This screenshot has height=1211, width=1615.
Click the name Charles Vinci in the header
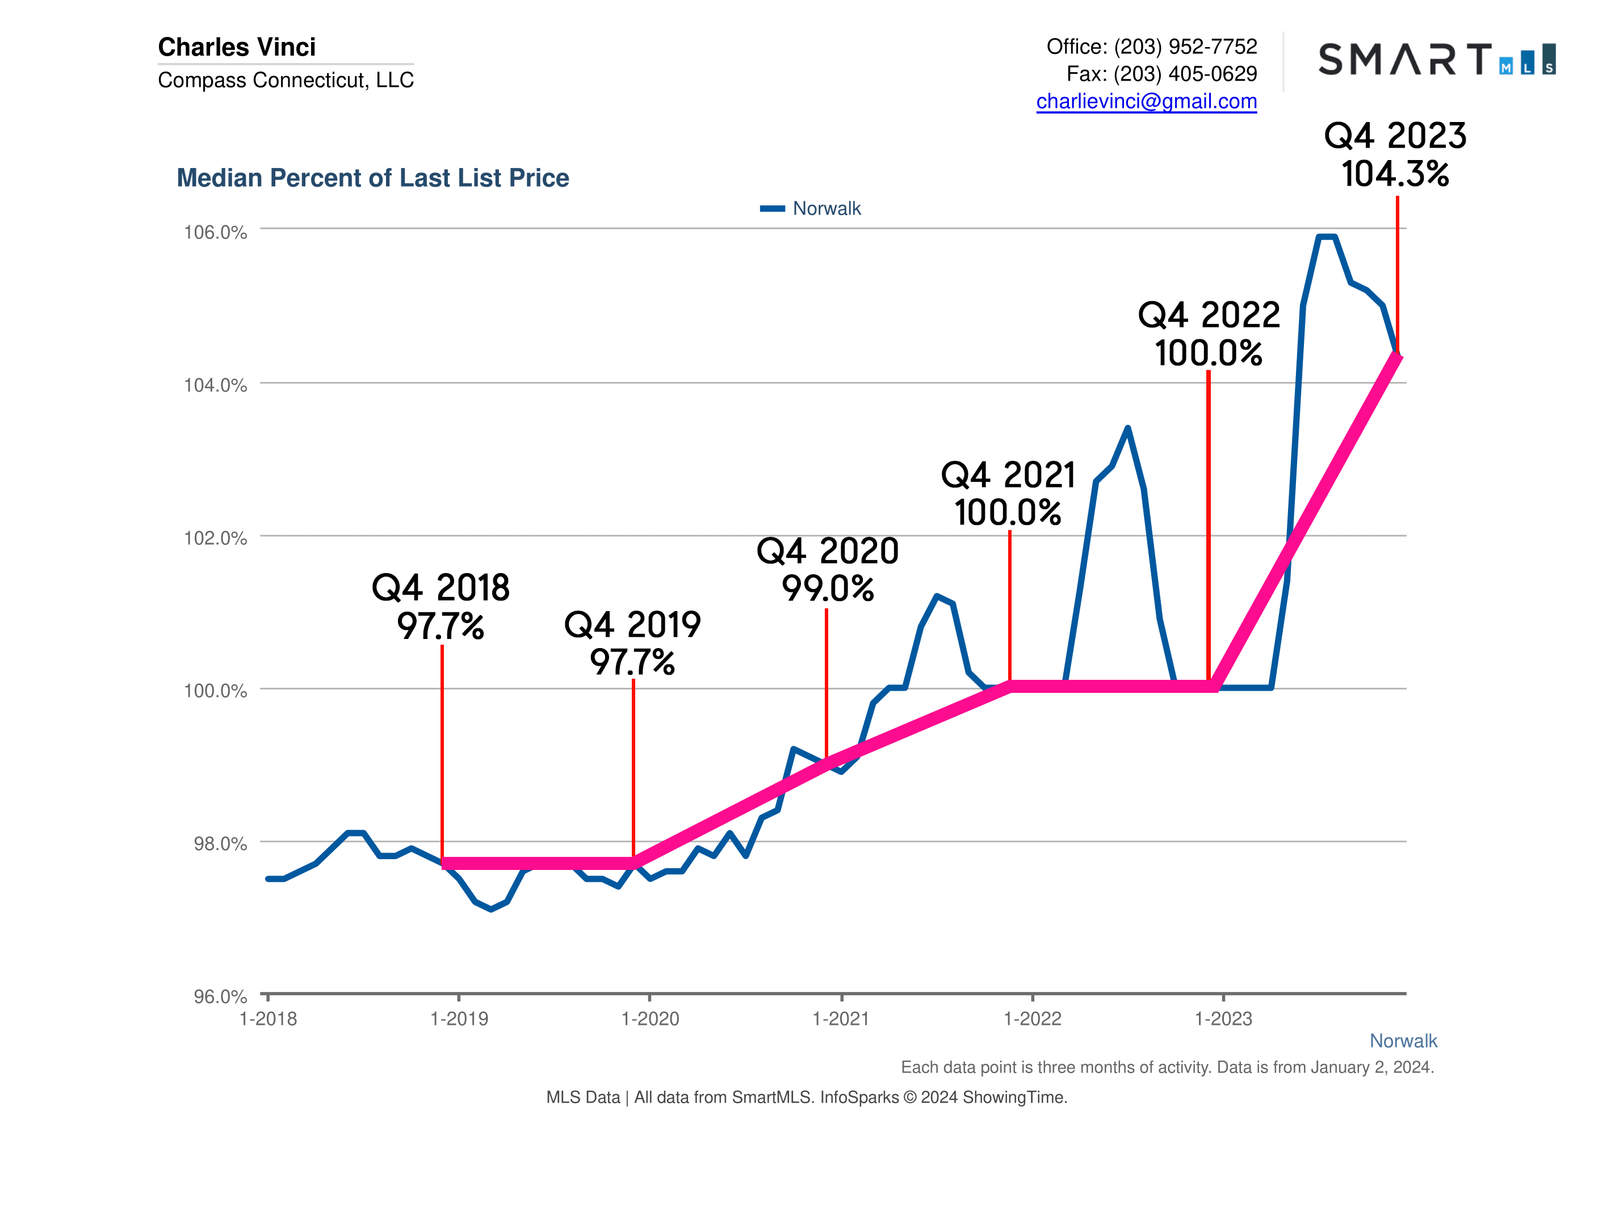[237, 47]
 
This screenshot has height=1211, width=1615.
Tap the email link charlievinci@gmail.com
[1146, 101]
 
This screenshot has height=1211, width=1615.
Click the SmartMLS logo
[1436, 59]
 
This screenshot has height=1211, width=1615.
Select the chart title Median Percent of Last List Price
[372, 178]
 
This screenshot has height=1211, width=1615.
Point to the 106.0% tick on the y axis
[215, 232]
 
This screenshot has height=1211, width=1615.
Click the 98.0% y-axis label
[220, 844]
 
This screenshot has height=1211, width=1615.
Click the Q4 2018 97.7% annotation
[441, 607]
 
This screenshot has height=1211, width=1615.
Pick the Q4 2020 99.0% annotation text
[827, 569]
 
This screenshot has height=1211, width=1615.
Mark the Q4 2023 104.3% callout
[1395, 155]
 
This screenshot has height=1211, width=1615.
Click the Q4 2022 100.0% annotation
[1209, 334]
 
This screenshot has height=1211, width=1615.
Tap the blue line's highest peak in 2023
[1326, 237]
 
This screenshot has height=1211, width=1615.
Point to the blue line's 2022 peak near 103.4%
[1127, 428]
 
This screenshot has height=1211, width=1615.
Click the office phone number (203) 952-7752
[1185, 47]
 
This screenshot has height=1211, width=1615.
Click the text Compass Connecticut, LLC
[286, 79]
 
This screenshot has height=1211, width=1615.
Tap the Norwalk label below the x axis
[1403, 1041]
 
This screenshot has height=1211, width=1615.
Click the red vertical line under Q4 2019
[633, 767]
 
